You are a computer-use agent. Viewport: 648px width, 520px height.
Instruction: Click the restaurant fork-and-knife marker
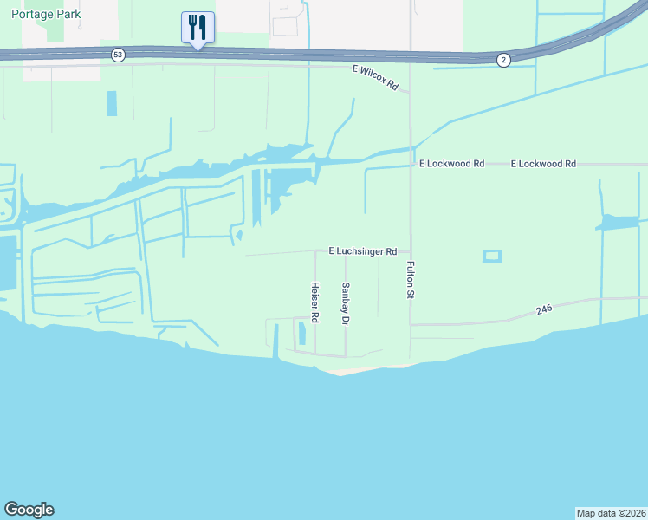pos(198,28)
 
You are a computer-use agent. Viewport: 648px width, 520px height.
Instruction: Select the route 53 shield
pos(118,55)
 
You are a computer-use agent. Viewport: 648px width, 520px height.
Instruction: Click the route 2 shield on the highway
pos(503,59)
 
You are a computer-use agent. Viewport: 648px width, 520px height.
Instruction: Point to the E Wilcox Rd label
pos(374,81)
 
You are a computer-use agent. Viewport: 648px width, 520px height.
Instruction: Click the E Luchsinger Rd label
pos(362,251)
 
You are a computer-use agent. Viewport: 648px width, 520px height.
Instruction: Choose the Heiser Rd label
pos(315,302)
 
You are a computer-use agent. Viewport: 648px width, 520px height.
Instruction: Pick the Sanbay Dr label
pos(345,303)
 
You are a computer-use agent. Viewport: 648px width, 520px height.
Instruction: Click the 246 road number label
pos(543,308)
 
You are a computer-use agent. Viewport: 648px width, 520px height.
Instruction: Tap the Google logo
pos(29,510)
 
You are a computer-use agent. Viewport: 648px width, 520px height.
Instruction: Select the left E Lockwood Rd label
pos(451,163)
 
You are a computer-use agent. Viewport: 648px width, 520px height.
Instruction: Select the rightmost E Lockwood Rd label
pos(543,163)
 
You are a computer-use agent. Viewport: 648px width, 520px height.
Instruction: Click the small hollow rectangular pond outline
pos(491,256)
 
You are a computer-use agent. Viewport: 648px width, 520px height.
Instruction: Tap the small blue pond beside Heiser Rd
pos(301,333)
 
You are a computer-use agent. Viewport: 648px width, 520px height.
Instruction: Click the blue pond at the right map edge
pos(619,223)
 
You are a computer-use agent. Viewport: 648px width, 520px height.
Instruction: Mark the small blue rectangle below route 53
pos(111,103)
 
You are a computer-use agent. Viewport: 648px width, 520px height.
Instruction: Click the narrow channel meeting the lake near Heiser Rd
pos(276,342)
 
